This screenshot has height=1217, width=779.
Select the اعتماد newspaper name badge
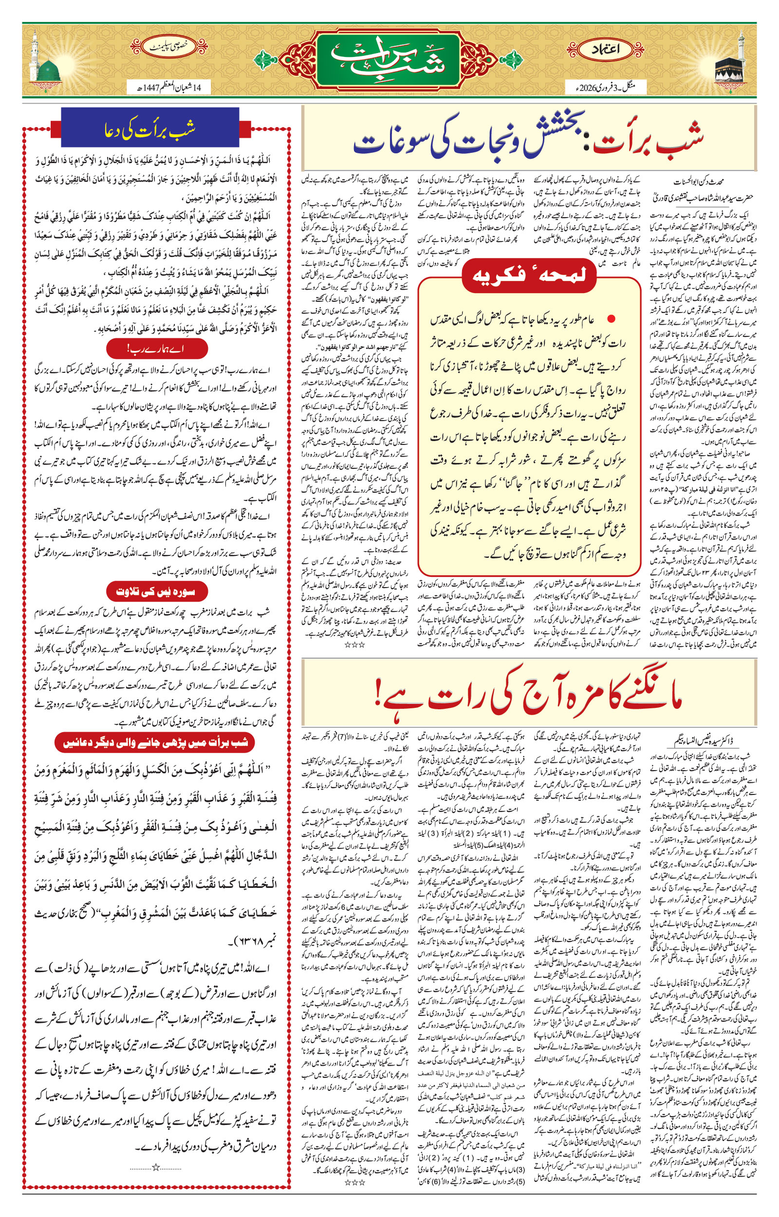[606, 50]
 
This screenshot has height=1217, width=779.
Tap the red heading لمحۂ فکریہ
[529, 276]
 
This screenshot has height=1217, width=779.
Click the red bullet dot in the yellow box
[612, 319]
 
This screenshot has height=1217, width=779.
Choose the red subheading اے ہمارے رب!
[157, 349]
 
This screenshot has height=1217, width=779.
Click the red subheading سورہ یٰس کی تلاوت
[157, 591]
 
